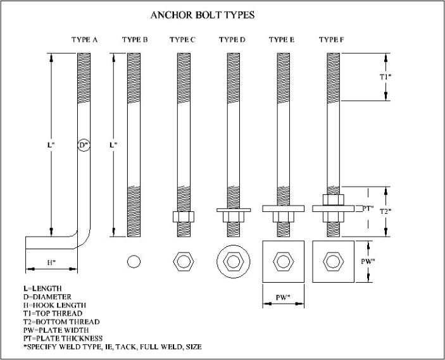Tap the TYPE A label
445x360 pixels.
pos(84,40)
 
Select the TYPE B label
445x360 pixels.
pos(134,40)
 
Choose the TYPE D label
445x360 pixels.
pos(232,40)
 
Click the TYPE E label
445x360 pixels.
pos(282,40)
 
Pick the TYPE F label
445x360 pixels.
pos(332,40)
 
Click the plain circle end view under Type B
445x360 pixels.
pos(134,261)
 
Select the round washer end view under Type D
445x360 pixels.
pos(232,261)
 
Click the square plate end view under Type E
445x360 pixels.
pos(282,261)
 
